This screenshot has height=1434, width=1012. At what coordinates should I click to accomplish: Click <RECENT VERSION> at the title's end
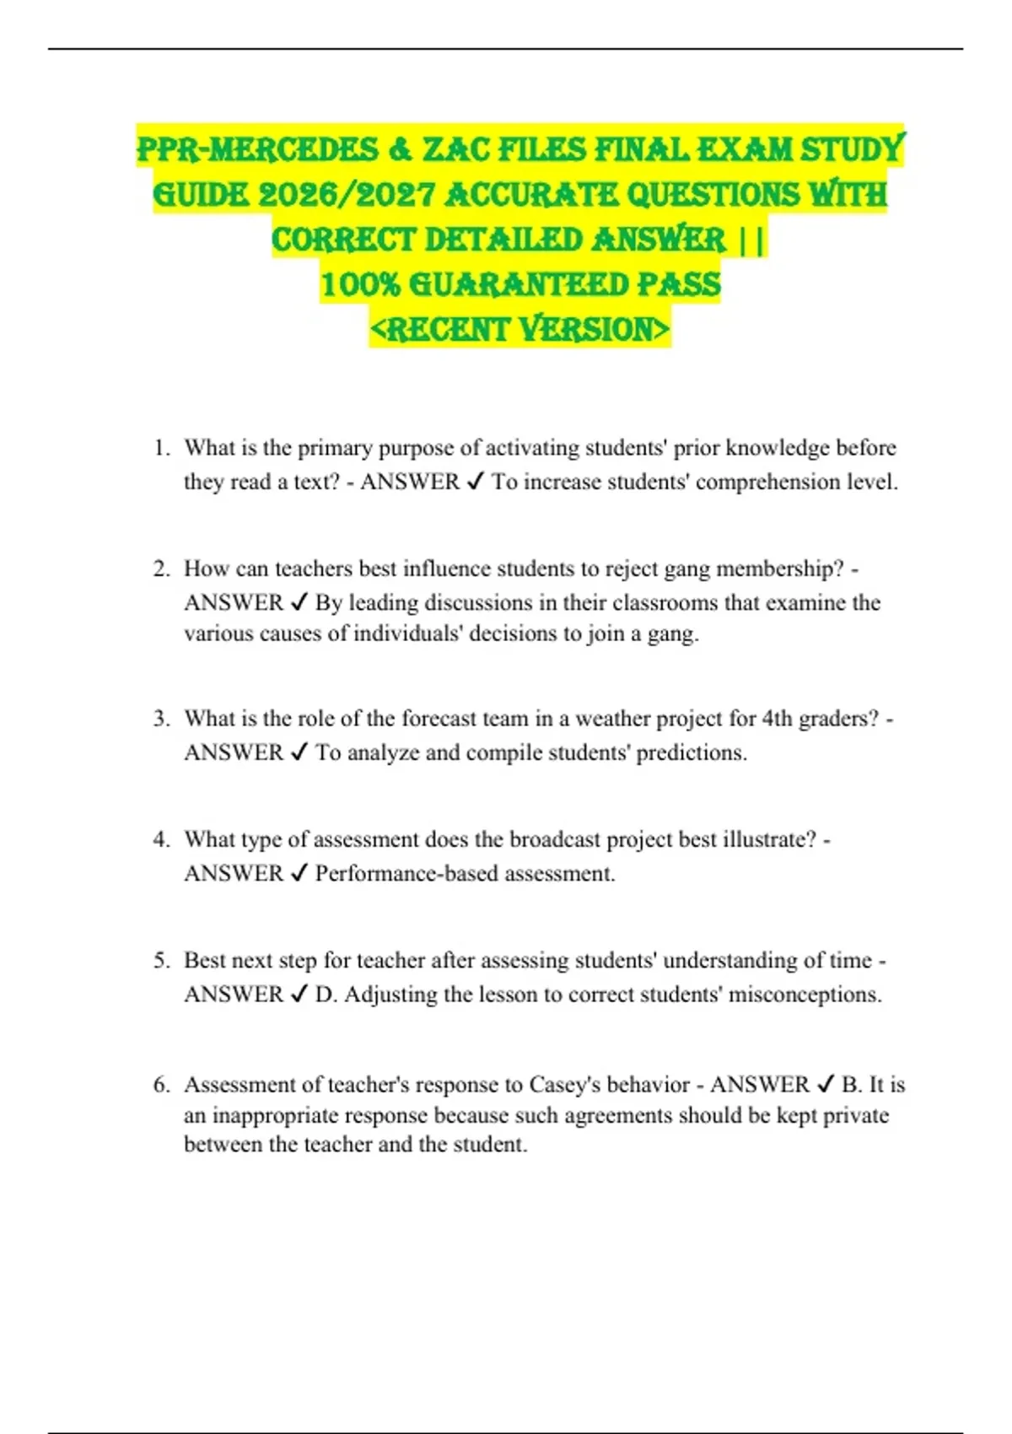pos(519,329)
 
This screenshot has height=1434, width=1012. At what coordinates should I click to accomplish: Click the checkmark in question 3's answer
pos(299,752)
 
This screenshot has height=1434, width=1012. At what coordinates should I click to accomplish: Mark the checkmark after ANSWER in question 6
pos(826,1084)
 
